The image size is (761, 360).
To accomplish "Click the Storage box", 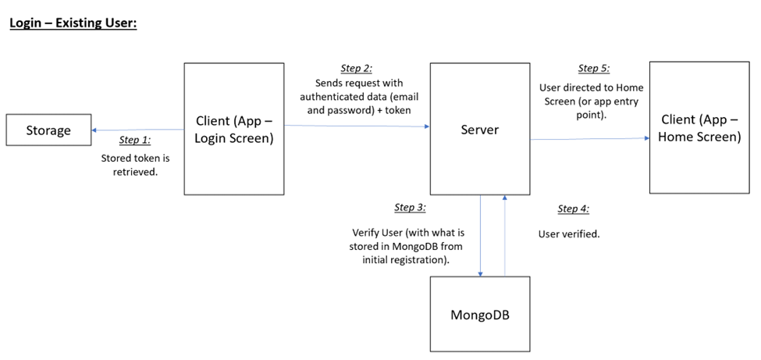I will click(48, 130).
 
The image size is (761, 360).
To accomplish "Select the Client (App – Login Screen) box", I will click(234, 129).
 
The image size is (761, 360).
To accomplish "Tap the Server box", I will click(480, 129).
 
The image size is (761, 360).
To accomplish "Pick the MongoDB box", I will click(480, 315).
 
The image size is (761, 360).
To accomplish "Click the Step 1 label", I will click(134, 141).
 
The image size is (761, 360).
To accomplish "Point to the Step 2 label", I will click(357, 69).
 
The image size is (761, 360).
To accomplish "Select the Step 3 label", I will click(410, 208).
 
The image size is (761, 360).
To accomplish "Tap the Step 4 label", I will click(573, 209).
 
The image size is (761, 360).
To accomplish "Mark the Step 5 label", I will click(594, 69).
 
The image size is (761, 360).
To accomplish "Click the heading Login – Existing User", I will click(73, 23).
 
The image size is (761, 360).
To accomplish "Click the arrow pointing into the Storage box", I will click(137, 130).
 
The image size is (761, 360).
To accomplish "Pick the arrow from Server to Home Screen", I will click(590, 139).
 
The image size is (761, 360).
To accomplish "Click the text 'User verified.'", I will click(569, 234).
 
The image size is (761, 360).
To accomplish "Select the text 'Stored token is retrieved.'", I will click(135, 164).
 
